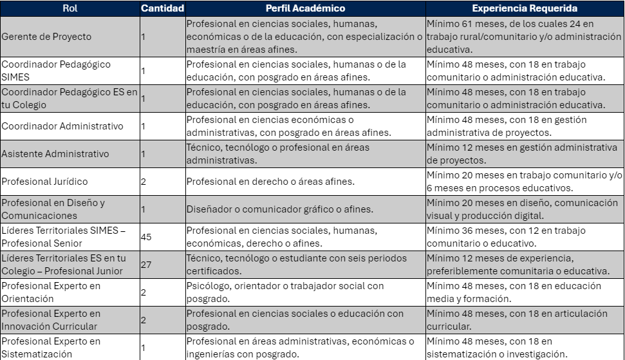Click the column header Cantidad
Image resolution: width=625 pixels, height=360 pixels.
(162, 8)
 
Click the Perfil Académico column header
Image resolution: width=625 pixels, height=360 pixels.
(305, 8)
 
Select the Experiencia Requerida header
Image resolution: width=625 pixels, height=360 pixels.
(525, 8)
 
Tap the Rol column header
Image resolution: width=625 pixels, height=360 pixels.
(70, 8)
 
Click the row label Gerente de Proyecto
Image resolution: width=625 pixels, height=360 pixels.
(46, 37)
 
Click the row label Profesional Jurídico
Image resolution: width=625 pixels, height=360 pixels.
(44, 182)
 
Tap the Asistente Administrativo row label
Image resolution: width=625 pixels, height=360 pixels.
(55, 154)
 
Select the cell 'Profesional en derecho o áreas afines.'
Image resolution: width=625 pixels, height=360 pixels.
(270, 182)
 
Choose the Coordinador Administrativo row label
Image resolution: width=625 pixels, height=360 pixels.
(62, 126)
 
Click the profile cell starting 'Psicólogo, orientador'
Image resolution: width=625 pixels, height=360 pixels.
(285, 292)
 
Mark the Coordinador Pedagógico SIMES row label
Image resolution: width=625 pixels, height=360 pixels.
(55, 71)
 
